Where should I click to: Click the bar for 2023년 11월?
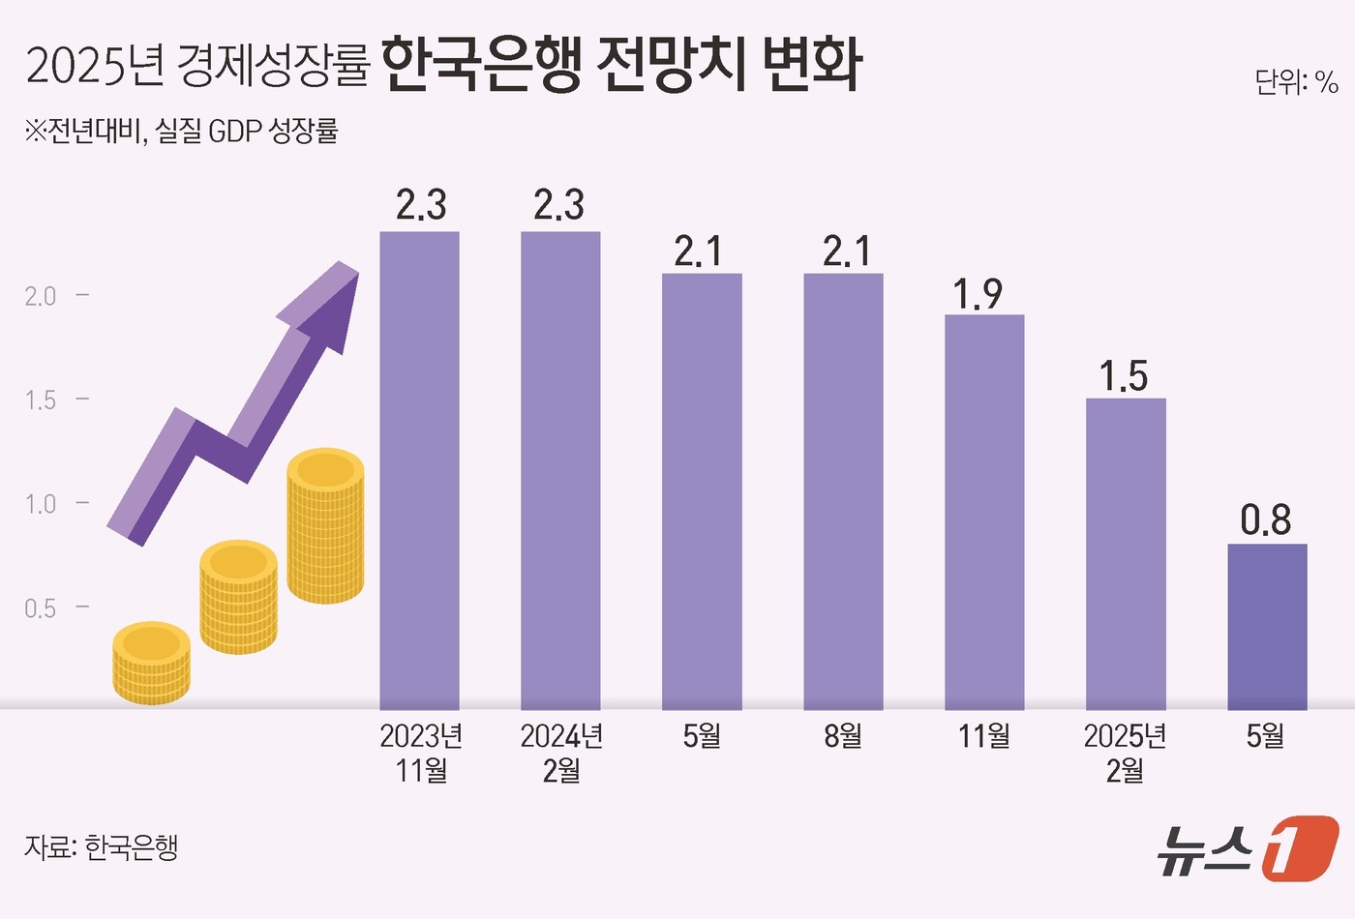pyautogui.click(x=419, y=470)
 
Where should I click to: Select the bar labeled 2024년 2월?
pyautogui.click(x=560, y=470)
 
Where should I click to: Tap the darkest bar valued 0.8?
pyautogui.click(x=1267, y=626)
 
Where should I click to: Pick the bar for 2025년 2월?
pyautogui.click(x=1126, y=553)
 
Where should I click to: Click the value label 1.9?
pyautogui.click(x=978, y=294)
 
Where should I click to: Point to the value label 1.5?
pyautogui.click(x=1124, y=377)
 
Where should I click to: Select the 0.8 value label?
pyautogui.click(x=1266, y=521)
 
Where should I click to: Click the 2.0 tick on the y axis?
pyautogui.click(x=41, y=296)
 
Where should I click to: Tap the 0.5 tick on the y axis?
pyautogui.click(x=41, y=608)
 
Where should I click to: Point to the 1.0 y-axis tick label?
pyautogui.click(x=41, y=504)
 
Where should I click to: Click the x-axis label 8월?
pyautogui.click(x=843, y=736)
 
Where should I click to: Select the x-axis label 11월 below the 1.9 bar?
pyautogui.click(x=984, y=736)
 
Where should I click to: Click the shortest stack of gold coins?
pyautogui.click(x=151, y=662)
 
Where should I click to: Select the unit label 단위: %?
pyautogui.click(x=1296, y=83)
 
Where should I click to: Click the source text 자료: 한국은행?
pyautogui.click(x=102, y=847)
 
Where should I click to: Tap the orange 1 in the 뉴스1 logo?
pyautogui.click(x=1300, y=848)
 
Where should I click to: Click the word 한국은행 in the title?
pyautogui.click(x=481, y=66)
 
